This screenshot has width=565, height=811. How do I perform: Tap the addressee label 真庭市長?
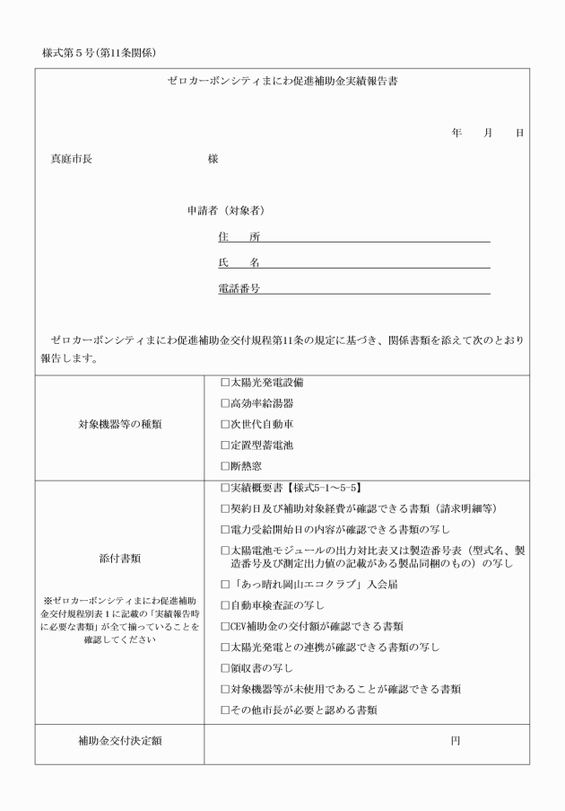tap(71, 159)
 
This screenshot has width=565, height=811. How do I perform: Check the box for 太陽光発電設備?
tap(224, 382)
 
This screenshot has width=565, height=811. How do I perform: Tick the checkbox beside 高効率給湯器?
tap(224, 402)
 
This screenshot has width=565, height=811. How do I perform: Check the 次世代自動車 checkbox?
tap(224, 424)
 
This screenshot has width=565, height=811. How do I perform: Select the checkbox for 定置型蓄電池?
tap(224, 445)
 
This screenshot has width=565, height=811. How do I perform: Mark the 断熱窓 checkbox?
tap(224, 465)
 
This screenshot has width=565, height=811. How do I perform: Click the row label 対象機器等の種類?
tap(119, 424)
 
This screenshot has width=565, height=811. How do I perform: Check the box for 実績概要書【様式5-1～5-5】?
tap(224, 488)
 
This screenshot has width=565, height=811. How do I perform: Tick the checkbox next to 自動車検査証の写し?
tap(224, 605)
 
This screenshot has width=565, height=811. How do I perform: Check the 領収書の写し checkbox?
tap(224, 667)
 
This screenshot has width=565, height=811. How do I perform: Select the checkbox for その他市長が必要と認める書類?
tap(224, 710)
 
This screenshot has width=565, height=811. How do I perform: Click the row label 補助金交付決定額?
tap(119, 742)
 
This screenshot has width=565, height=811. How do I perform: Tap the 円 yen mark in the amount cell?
tap(456, 742)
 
